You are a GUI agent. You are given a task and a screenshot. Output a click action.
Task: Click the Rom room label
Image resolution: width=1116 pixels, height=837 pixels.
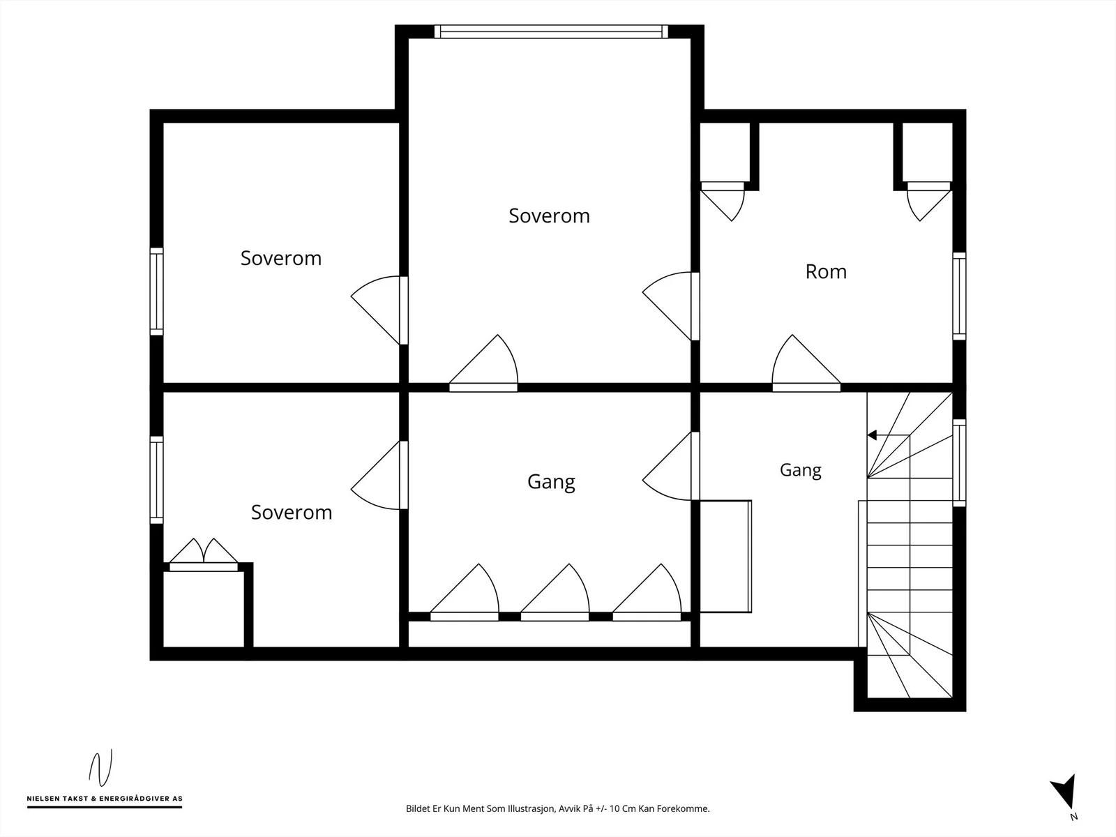pyautogui.click(x=826, y=271)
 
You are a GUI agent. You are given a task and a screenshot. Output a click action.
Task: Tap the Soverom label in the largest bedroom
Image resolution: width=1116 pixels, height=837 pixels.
pyautogui.click(x=549, y=216)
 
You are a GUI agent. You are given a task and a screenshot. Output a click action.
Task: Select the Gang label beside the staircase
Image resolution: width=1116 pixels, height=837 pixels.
pyautogui.click(x=800, y=470)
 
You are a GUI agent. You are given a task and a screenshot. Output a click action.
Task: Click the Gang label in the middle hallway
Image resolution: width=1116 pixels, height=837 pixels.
pyautogui.click(x=551, y=482)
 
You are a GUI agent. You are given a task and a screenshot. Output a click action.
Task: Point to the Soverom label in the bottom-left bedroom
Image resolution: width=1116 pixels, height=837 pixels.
pyautogui.click(x=292, y=512)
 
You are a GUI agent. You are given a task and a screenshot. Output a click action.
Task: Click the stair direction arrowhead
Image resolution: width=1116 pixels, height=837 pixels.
pyautogui.click(x=872, y=435)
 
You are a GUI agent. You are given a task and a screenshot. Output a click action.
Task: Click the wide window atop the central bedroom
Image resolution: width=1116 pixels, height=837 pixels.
pyautogui.click(x=551, y=31)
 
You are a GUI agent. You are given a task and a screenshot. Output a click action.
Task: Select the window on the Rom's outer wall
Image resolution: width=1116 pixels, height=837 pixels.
pyautogui.click(x=959, y=296)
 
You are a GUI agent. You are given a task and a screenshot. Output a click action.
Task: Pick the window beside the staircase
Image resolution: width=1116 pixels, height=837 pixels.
pyautogui.click(x=959, y=463)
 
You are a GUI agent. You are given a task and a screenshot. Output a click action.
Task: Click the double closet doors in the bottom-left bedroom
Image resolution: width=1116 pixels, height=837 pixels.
pyautogui.click(x=204, y=555)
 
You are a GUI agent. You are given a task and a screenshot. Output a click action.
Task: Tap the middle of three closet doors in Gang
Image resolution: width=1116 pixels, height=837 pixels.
pyautogui.click(x=555, y=593)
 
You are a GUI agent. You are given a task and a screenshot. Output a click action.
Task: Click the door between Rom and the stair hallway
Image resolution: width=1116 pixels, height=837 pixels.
pyautogui.click(x=806, y=363)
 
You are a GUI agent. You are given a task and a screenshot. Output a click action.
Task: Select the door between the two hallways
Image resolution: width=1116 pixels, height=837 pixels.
pyautogui.click(x=671, y=466)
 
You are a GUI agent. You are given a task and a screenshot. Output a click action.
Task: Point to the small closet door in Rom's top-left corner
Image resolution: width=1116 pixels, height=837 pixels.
pyautogui.click(x=723, y=202)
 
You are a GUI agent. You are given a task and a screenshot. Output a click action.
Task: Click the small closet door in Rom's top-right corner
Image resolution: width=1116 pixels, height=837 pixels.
pyautogui.click(x=929, y=202)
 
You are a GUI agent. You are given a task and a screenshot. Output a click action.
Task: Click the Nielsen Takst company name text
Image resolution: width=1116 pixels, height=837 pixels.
pyautogui.click(x=105, y=799)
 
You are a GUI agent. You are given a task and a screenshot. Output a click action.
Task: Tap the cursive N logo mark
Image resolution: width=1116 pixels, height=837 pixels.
pyautogui.click(x=100, y=768)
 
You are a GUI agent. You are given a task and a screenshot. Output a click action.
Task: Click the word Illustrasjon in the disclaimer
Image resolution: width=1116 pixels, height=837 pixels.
pyautogui.click(x=530, y=808)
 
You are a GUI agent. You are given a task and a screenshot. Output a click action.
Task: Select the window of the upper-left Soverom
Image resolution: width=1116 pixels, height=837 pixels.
pyautogui.click(x=157, y=292)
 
